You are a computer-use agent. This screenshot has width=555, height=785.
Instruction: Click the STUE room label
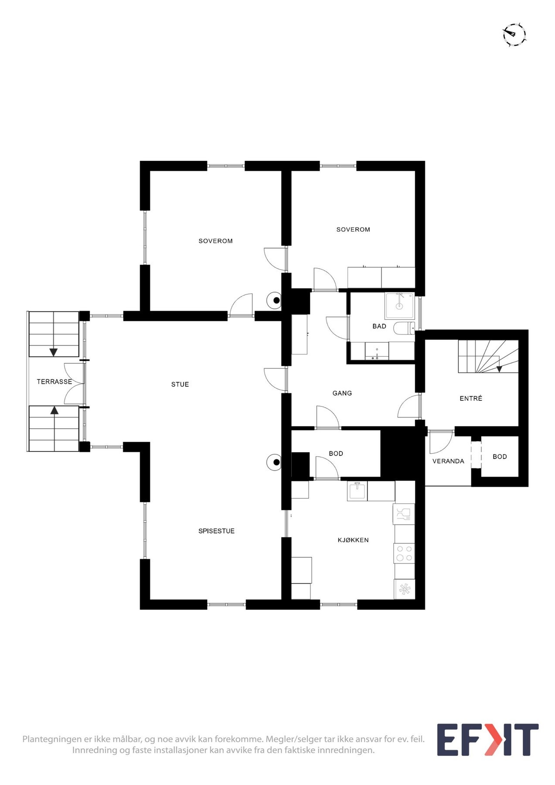click(x=180, y=384)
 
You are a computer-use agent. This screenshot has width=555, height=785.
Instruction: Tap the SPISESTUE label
click(x=216, y=531)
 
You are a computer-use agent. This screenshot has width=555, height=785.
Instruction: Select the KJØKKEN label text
click(x=353, y=540)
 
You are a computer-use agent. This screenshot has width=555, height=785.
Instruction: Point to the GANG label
click(x=342, y=393)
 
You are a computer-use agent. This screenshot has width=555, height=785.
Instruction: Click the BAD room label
click(x=379, y=326)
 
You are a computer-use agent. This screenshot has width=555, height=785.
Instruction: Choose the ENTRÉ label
click(x=471, y=398)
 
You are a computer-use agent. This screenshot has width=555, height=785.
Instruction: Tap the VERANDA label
click(x=448, y=461)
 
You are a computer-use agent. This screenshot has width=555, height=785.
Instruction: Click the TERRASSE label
click(x=54, y=382)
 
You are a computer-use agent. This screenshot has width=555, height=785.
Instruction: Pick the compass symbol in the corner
click(x=514, y=34)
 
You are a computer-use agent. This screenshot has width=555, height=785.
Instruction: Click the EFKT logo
click(x=487, y=740)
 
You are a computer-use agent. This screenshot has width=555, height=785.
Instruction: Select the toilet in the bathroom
click(x=404, y=327)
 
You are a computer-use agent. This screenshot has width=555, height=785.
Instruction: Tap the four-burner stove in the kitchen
click(x=404, y=553)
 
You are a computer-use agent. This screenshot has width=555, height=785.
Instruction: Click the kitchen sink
click(x=357, y=491)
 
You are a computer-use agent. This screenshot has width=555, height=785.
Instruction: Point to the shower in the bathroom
click(x=399, y=305)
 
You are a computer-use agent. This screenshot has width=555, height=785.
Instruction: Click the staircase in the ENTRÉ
click(x=487, y=356)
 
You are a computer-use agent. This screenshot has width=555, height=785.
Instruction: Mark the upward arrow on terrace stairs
click(x=54, y=410)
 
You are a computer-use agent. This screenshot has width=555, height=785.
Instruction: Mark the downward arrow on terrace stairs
click(x=54, y=352)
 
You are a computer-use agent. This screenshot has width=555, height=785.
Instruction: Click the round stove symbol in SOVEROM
click(x=276, y=300)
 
